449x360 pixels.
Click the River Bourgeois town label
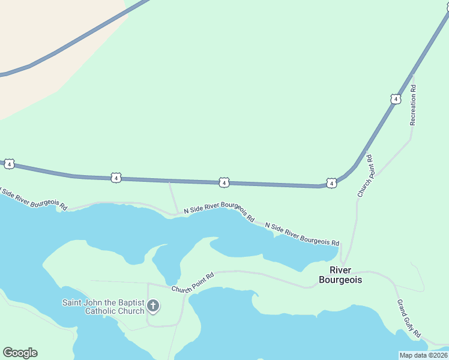tap(340, 275)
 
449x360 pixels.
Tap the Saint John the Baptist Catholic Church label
tap(103, 307)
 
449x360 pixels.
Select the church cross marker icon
tap(153, 307)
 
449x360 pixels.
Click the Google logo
tap(20, 353)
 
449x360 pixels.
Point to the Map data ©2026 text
tap(423, 355)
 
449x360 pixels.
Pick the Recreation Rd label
tap(413, 105)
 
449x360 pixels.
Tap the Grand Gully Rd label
tap(409, 319)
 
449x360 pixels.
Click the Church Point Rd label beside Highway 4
tap(365, 176)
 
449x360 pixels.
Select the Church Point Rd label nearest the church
tap(193, 283)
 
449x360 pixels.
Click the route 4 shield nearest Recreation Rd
tap(394, 98)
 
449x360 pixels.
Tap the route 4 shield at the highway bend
tap(331, 182)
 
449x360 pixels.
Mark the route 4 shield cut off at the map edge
tap(8, 163)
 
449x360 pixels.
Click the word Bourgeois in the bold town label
tap(340, 280)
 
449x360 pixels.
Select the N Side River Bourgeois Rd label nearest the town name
tap(302, 233)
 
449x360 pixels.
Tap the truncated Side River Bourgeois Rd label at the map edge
tap(34, 199)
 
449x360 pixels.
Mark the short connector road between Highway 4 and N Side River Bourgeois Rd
tap(172, 197)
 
